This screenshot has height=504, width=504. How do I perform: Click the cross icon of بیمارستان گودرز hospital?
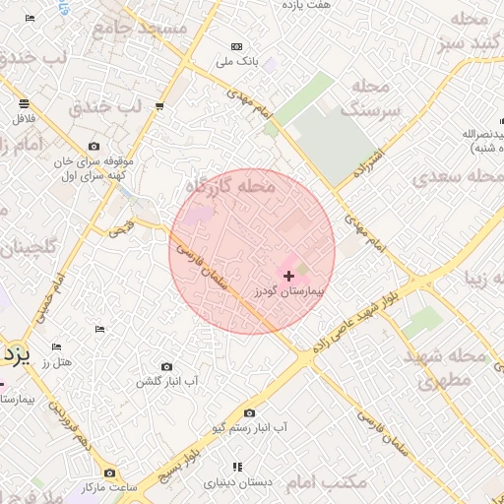click(x=287, y=277)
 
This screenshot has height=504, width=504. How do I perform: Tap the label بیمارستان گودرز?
click(x=289, y=292)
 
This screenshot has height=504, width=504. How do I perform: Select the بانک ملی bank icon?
click(x=236, y=46)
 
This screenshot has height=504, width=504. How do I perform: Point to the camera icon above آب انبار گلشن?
click(x=165, y=366)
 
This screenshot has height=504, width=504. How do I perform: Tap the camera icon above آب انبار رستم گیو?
click(x=249, y=413)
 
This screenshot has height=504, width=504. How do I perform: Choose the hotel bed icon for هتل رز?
click(x=56, y=347)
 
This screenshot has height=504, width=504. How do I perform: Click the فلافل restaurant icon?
click(x=23, y=103)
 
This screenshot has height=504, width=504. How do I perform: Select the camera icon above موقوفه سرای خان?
click(x=94, y=147)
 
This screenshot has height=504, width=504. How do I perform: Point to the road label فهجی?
click(x=120, y=228)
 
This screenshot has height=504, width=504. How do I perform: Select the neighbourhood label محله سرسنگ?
click(x=374, y=99)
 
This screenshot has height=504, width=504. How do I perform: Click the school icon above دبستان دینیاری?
click(x=236, y=467)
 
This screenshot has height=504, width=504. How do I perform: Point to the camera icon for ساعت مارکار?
click(x=109, y=473)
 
